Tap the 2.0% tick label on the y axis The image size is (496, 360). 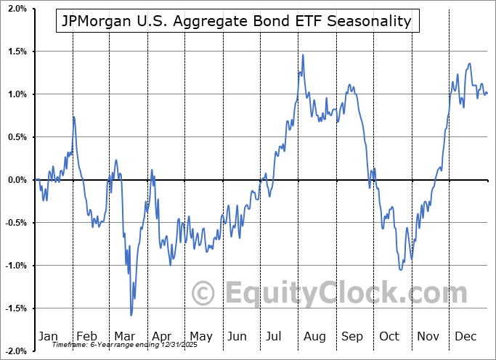(17, 9)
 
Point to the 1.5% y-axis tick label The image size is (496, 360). (17, 52)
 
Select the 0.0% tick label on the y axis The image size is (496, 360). (17, 180)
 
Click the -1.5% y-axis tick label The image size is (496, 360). (15, 308)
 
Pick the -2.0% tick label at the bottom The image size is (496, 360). (15, 351)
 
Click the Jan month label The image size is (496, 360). (47, 336)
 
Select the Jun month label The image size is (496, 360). (237, 336)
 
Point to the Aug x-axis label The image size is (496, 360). (314, 336)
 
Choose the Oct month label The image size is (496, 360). (389, 336)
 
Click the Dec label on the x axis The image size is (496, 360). (465, 336)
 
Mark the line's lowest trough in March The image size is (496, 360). (131, 315)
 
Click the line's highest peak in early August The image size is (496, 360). (303, 54)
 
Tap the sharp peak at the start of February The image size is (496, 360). (73, 117)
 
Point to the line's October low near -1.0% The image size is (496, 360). (400, 269)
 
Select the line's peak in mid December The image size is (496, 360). (469, 64)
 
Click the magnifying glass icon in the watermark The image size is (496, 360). (205, 293)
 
